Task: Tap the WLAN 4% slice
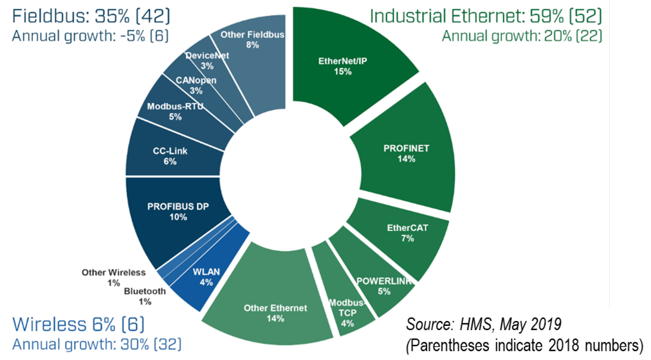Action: click(206, 277)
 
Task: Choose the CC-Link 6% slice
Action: click(170, 156)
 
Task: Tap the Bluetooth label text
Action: click(145, 292)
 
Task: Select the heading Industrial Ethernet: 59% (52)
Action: click(486, 16)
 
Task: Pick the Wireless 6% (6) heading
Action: click(79, 324)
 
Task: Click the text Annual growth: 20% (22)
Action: click(522, 37)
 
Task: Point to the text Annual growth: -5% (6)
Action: click(90, 37)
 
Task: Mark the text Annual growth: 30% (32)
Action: click(97, 344)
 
